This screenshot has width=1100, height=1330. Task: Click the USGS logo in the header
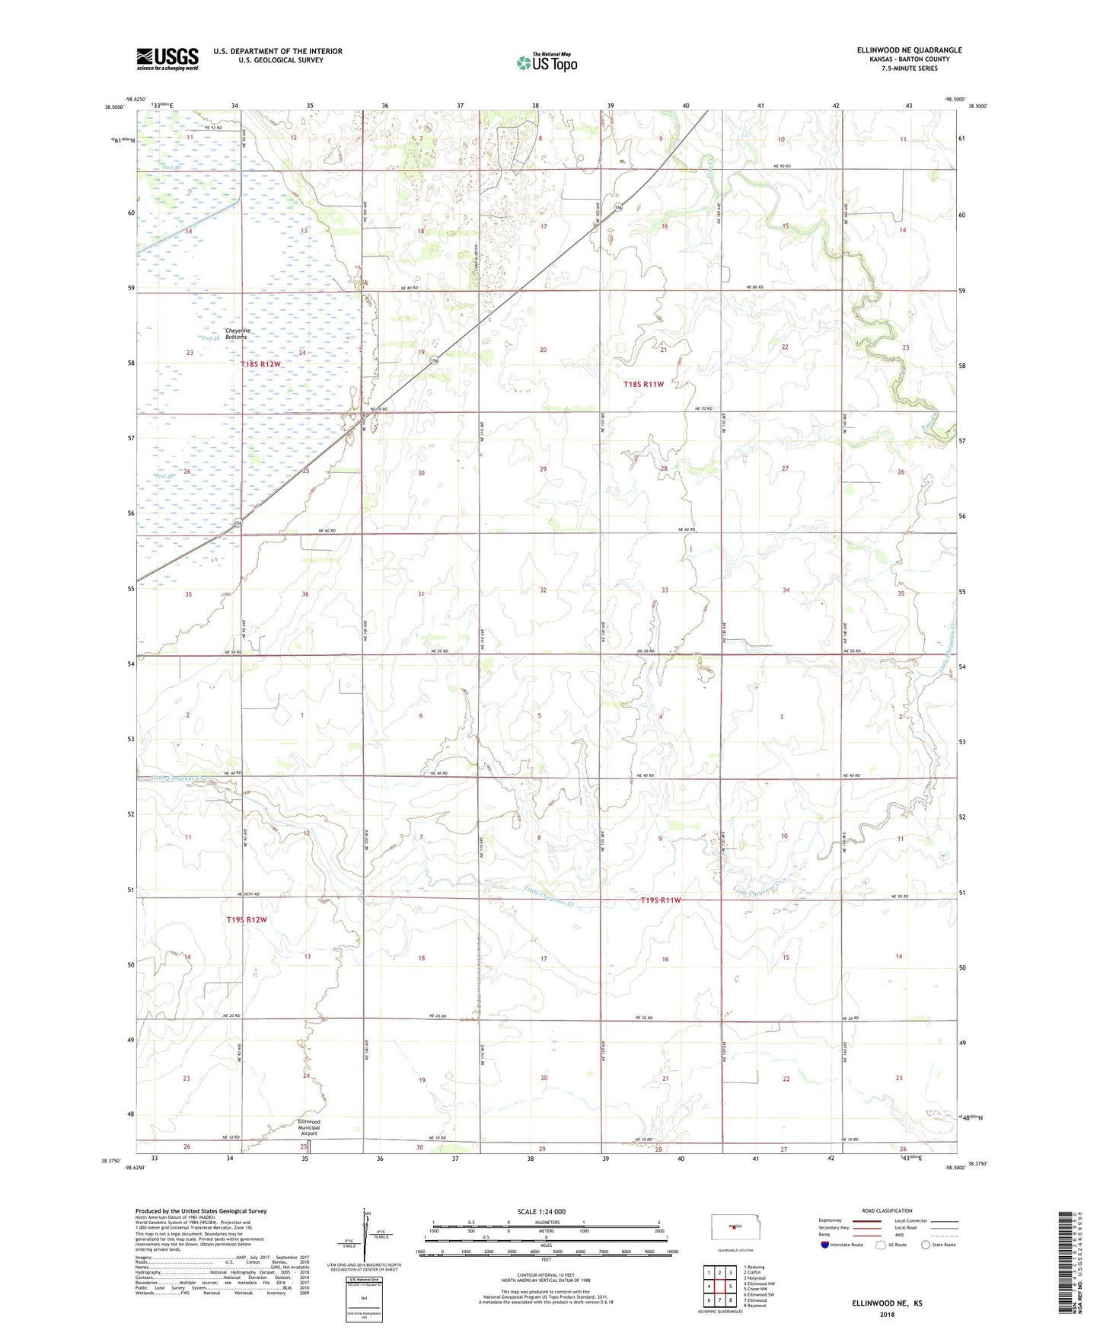pyautogui.click(x=167, y=59)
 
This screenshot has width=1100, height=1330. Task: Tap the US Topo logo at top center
pyautogui.click(x=547, y=62)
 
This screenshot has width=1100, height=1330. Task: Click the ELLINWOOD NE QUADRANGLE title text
pyautogui.click(x=909, y=50)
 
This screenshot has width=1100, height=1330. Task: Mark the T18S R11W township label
pyautogui.click(x=643, y=385)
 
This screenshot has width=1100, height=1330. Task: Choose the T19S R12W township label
pyautogui.click(x=247, y=919)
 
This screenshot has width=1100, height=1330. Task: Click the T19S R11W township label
pyautogui.click(x=660, y=900)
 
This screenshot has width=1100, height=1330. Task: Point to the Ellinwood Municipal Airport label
pyautogui.click(x=308, y=1127)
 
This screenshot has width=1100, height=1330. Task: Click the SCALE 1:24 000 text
pyautogui.click(x=541, y=1211)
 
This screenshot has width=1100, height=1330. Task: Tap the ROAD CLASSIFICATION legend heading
pyautogui.click(x=887, y=1210)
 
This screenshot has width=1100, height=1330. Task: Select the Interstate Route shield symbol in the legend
pyautogui.click(x=825, y=1245)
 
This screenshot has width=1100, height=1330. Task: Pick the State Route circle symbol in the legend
pyautogui.click(x=926, y=1245)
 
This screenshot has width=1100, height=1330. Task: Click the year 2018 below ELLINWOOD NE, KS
pyautogui.click(x=887, y=1314)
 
